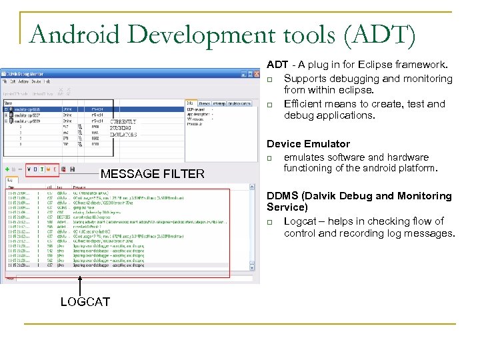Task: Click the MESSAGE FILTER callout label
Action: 152,174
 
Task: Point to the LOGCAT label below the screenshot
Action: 85,302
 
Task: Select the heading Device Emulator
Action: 308,144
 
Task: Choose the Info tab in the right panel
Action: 190,103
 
